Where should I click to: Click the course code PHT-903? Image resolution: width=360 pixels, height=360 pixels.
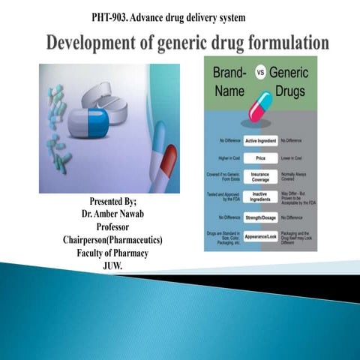click(112, 16)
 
